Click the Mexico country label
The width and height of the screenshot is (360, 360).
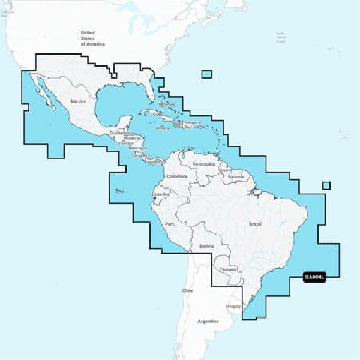pos(79,102)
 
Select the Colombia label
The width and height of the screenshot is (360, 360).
pos(177,176)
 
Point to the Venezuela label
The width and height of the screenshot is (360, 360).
pos(204,164)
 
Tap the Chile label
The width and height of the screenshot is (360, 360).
pos(187,290)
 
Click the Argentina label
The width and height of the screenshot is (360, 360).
pos(209,322)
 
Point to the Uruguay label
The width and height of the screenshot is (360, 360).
pos(233,306)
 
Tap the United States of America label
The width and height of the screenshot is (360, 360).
pos(92,38)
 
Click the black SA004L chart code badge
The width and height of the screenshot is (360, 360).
pos(314,277)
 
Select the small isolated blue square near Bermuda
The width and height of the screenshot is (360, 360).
pos(206,74)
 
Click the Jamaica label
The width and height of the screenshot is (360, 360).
pos(162,128)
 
